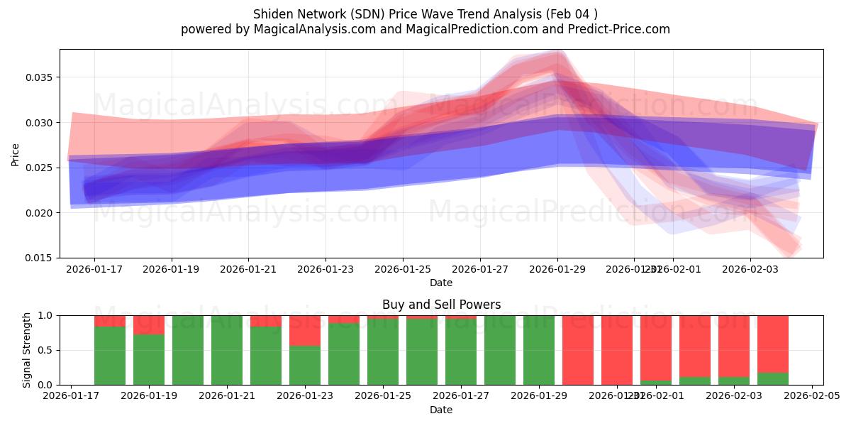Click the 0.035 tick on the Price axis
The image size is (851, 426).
42,77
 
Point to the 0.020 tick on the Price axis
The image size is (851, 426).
42,213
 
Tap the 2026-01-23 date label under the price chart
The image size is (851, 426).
326,270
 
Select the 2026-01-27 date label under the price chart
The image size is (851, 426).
480,270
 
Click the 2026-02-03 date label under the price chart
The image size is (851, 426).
750,270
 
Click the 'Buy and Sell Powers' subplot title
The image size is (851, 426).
441,305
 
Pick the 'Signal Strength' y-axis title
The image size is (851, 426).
27,350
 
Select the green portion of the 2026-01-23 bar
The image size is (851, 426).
305,365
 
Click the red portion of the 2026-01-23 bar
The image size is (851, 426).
305,330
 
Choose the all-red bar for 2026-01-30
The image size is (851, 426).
578,350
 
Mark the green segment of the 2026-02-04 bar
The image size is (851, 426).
773,378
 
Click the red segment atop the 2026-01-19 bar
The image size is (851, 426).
149,324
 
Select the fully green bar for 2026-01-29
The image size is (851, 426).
539,350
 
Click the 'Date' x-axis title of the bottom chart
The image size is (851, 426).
441,410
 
